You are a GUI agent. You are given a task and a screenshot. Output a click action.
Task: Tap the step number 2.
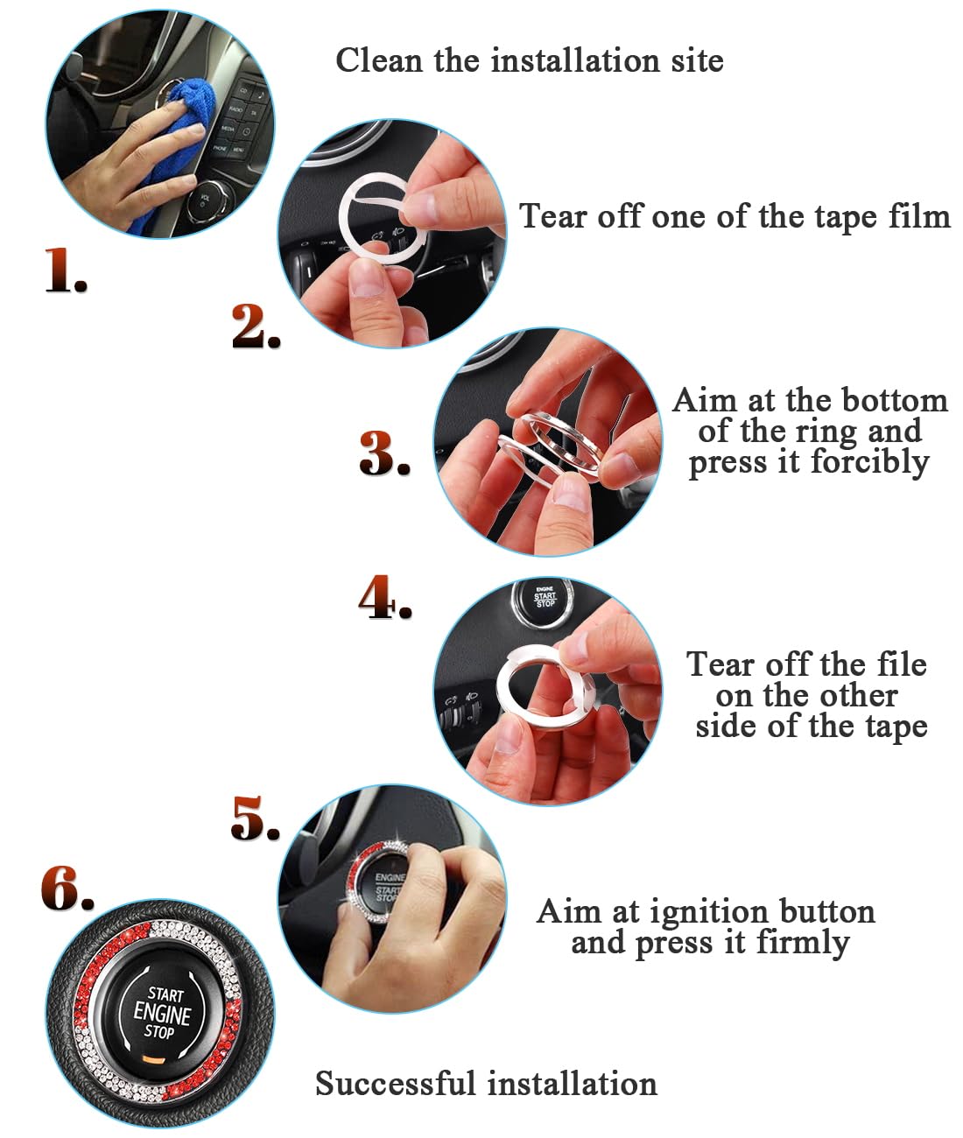pos(255,327)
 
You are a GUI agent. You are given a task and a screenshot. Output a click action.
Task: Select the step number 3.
pos(383,454)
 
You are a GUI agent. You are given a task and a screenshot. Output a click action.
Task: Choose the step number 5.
pos(255,818)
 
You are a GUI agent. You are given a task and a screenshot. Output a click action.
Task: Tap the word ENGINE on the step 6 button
pos(162,1014)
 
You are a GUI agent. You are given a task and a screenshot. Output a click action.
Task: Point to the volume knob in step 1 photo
pos(211,200)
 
